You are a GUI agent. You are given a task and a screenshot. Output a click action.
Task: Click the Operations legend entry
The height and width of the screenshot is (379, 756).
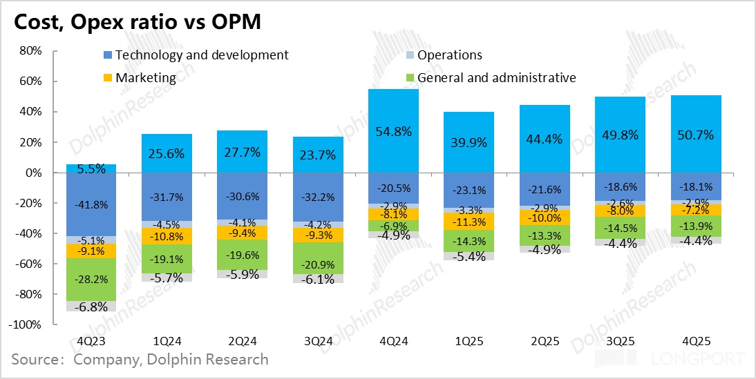[449, 55]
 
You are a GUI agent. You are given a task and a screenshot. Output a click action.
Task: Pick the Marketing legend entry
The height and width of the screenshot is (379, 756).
[146, 77]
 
